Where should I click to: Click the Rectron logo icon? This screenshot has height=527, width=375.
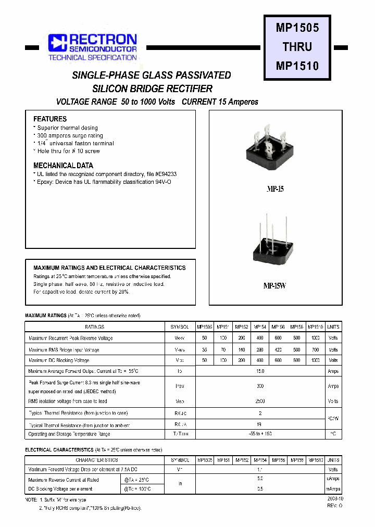pyautogui.click(x=58, y=43)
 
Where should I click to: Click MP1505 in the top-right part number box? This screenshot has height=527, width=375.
pyautogui.click(x=297, y=28)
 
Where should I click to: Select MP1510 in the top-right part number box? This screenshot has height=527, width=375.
pyautogui.click(x=297, y=66)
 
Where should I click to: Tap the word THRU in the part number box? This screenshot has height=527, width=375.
pyautogui.click(x=297, y=47)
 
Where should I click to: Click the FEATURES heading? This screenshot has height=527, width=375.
pyautogui.click(x=50, y=119)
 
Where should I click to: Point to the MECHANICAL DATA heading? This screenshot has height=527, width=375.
pyautogui.click(x=63, y=166)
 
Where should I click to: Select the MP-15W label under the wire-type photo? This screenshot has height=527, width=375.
pyautogui.click(x=274, y=286)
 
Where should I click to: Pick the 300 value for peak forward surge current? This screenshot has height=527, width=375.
pyautogui.click(x=260, y=386)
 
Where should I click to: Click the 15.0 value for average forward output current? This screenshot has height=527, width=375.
pyautogui.click(x=260, y=371)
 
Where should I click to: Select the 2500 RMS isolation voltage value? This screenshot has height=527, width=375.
pyautogui.click(x=260, y=401)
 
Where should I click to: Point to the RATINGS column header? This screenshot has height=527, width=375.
pyautogui.click(x=95, y=327)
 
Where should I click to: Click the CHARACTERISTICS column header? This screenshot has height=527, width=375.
pyautogui.click(x=97, y=460)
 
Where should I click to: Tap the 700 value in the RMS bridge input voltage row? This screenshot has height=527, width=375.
pyautogui.click(x=315, y=349)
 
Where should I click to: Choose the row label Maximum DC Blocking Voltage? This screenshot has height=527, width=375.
pyautogui.click(x=59, y=360)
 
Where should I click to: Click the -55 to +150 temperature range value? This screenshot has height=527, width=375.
pyautogui.click(x=260, y=434)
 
